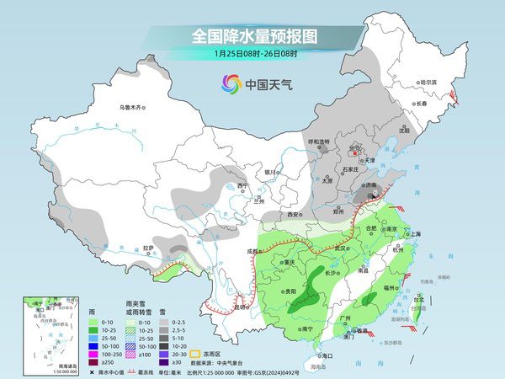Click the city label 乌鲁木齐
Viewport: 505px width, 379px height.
(131, 107)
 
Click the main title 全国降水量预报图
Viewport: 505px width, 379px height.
(252, 36)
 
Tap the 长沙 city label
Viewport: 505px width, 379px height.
(310, 273)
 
